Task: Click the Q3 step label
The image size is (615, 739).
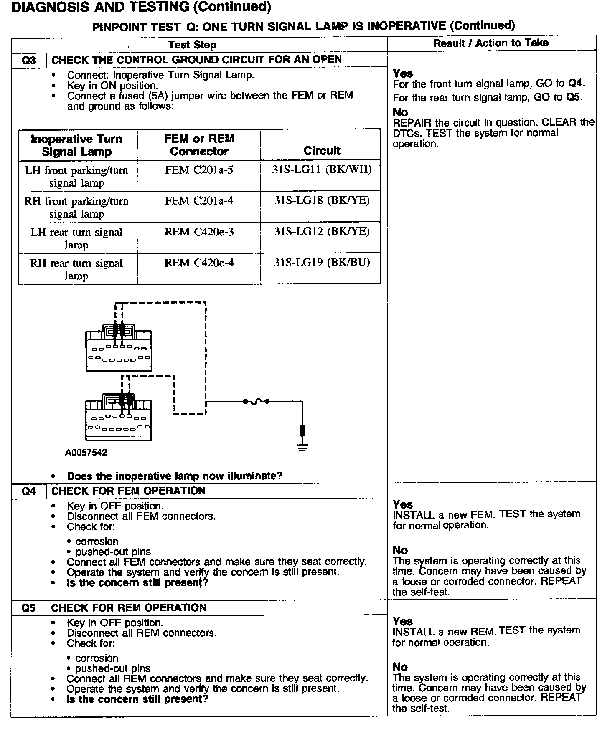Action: click(x=28, y=60)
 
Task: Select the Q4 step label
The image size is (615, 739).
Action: click(x=28, y=491)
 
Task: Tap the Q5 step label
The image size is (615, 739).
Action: click(x=28, y=608)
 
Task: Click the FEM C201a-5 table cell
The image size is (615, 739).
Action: click(x=199, y=170)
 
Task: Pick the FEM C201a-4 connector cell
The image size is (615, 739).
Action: click(x=199, y=201)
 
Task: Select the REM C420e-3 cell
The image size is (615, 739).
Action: click(x=199, y=232)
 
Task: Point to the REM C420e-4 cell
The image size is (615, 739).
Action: click(x=199, y=263)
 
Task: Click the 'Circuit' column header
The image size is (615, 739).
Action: click(x=322, y=151)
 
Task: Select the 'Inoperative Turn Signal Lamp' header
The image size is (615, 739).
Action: click(x=77, y=145)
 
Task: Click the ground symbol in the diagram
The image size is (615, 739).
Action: click(x=302, y=448)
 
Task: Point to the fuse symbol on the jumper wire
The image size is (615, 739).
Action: click(x=256, y=402)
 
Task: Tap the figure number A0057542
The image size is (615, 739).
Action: click(x=86, y=453)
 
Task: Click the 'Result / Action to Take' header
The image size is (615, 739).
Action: click(x=490, y=43)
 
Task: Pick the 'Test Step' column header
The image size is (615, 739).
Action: click(x=192, y=45)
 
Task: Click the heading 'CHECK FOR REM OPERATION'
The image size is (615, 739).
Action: click(x=129, y=608)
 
